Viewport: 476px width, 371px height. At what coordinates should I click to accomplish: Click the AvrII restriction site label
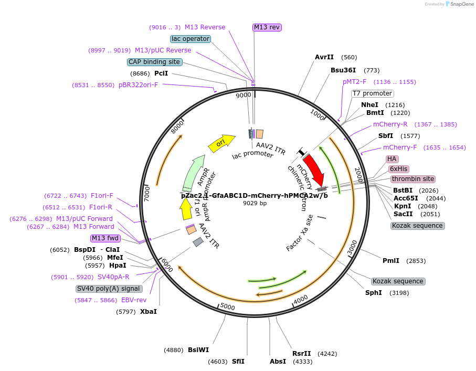(324, 57)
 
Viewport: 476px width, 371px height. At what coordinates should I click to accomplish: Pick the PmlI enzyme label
(391, 261)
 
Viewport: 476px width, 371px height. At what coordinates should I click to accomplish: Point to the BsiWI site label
(198, 350)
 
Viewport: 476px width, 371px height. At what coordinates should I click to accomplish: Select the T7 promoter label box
(372, 93)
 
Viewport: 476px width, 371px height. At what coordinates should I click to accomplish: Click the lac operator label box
(191, 39)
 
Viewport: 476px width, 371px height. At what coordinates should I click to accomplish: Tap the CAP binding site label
(155, 62)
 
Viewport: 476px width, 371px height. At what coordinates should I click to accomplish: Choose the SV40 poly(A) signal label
(109, 289)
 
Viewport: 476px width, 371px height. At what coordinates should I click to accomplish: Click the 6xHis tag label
(399, 169)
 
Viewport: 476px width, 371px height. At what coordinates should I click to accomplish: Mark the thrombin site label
(413, 179)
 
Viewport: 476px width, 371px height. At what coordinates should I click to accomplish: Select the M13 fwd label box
(105, 238)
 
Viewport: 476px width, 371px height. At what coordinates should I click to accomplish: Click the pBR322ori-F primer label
(138, 85)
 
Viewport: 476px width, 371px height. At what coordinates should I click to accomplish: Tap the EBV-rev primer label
(134, 300)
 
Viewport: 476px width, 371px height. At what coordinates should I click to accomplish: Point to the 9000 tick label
(243, 95)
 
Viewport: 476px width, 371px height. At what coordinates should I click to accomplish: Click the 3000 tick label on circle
(353, 247)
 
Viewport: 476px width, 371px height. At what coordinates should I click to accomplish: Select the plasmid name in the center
(254, 195)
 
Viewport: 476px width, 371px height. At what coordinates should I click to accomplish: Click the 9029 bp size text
(255, 203)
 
